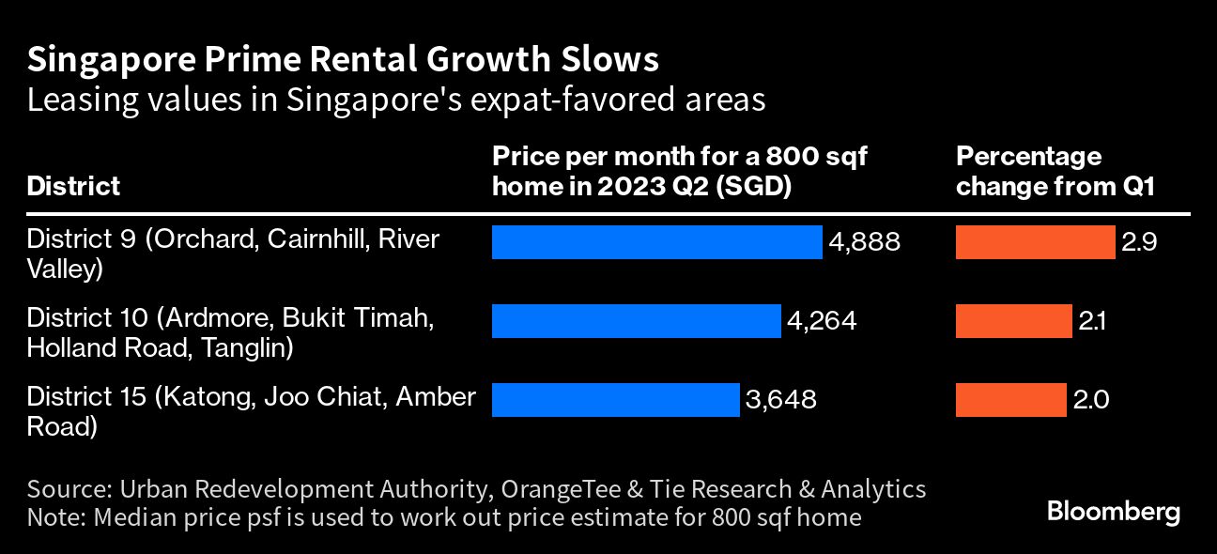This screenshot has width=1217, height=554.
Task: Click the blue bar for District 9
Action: point(656,242)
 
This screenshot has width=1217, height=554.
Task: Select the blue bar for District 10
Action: point(636,321)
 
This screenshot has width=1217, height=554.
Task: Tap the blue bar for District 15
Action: point(615,400)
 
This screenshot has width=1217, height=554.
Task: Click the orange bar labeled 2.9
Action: point(1035,242)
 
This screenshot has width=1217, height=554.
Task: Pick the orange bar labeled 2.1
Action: point(1013,321)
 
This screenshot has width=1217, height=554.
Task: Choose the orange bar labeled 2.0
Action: point(1010,400)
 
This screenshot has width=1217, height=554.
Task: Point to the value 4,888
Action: point(864,242)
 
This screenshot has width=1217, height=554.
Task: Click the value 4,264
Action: point(822,321)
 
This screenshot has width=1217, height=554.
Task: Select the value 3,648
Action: point(780,400)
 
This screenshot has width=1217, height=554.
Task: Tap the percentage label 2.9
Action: point(1138,242)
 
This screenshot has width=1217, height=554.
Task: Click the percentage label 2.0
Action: point(1091,400)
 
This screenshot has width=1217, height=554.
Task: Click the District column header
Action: point(73,186)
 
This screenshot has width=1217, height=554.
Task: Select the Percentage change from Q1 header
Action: point(1055,171)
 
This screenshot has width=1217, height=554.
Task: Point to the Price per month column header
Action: point(679,171)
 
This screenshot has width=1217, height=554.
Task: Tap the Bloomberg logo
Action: point(1113,513)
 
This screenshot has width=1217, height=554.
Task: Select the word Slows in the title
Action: point(615,60)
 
